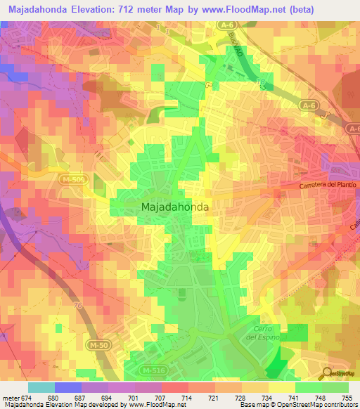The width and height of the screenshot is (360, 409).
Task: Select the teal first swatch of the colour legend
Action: (41, 387)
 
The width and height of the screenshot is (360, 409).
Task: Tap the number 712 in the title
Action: (129, 10)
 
